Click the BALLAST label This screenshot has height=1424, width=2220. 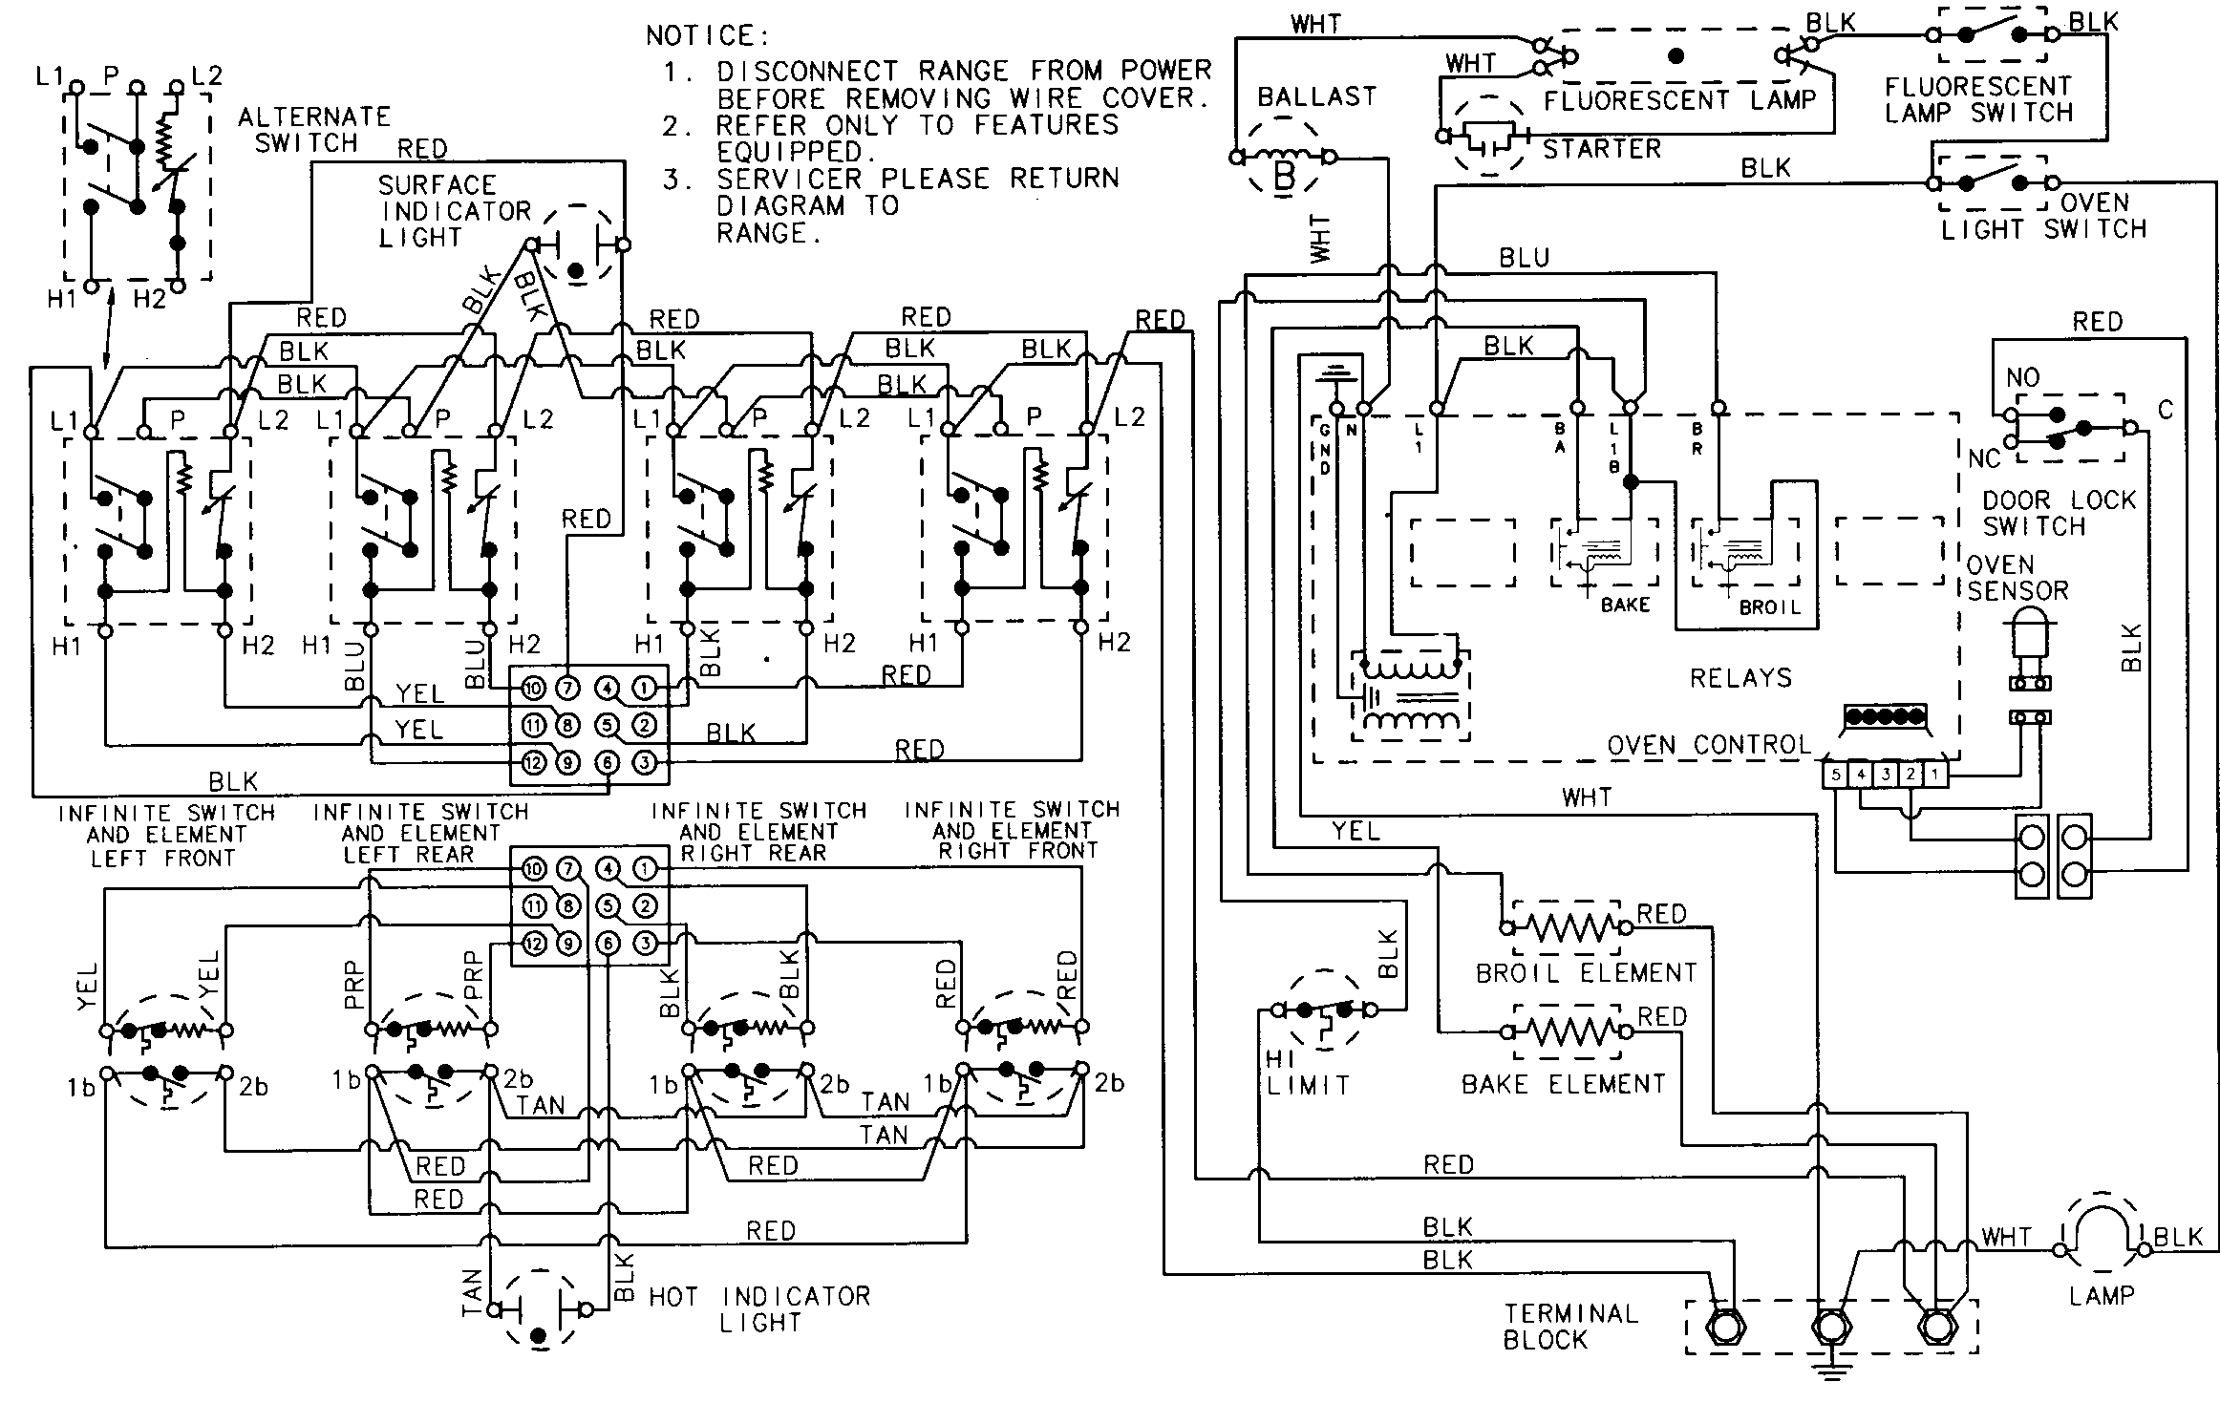tap(1316, 96)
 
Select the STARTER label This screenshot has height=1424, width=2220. tap(1602, 149)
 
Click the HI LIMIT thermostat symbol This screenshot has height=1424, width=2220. tap(1324, 1010)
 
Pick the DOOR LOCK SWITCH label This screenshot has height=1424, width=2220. tap(2058, 513)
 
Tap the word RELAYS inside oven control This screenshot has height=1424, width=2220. tap(1740, 678)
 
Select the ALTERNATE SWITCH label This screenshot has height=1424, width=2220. tap(313, 130)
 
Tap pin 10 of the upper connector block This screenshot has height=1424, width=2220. tap(533, 689)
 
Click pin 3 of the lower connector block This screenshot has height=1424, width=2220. tap(646, 944)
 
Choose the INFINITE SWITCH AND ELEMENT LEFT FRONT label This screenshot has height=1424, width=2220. tap(166, 835)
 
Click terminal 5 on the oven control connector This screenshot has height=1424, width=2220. tap(1835, 775)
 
